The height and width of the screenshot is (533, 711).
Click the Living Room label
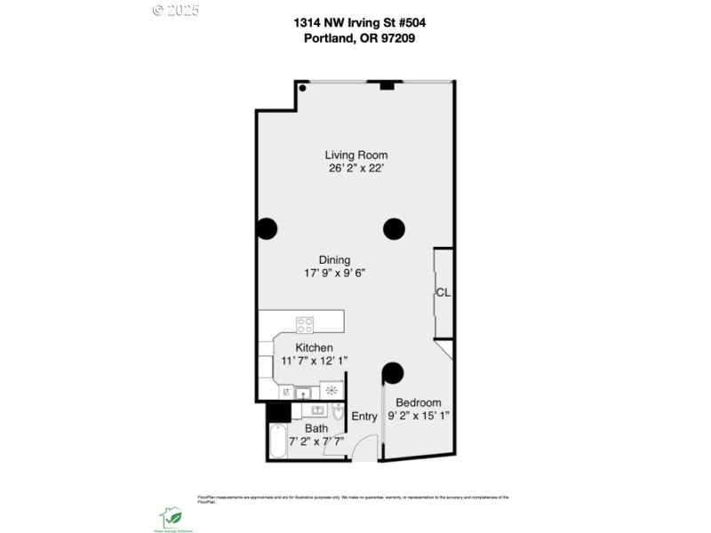(x=355, y=155)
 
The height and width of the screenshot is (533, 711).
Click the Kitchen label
(x=315, y=347)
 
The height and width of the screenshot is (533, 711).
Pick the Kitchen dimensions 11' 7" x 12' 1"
(x=315, y=361)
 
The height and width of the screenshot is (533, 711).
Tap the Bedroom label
(x=418, y=402)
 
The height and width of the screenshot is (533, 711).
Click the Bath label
(x=316, y=428)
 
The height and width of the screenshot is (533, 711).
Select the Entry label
(x=364, y=417)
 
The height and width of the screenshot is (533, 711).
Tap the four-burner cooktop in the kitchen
(x=306, y=324)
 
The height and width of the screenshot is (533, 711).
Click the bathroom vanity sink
(x=316, y=411)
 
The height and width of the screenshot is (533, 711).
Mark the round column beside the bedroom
(x=393, y=372)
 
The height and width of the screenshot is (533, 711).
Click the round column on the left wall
(x=266, y=229)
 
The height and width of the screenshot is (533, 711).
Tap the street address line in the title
(x=355, y=22)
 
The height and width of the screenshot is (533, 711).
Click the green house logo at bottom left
(x=171, y=516)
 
